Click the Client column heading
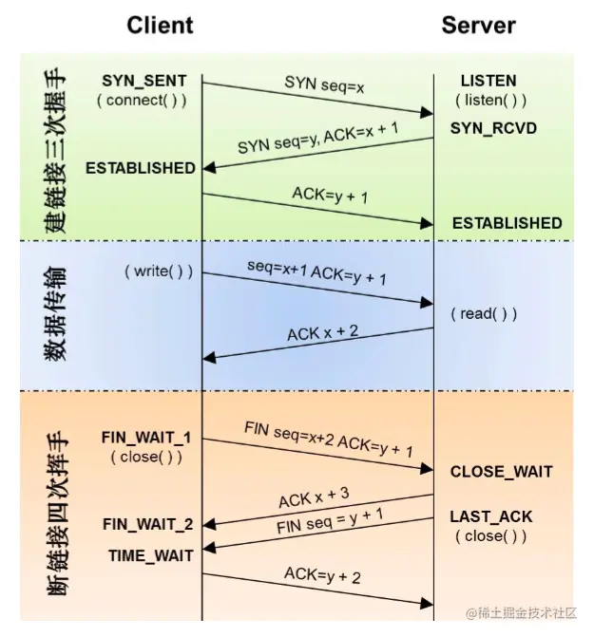[x=160, y=26]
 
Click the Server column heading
[x=478, y=26]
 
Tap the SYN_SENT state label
[x=144, y=81]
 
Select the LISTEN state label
[x=489, y=81]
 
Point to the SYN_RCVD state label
[x=493, y=128]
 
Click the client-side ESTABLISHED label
[x=141, y=168]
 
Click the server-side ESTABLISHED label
[x=507, y=223]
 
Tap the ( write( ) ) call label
[x=159, y=271]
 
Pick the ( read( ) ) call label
[x=484, y=313]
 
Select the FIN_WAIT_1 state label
[x=146, y=438]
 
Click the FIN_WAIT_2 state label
[x=147, y=524]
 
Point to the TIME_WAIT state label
[x=150, y=555]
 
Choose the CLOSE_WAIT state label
[x=501, y=472]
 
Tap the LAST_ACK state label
[x=490, y=516]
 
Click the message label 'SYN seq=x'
[x=324, y=84]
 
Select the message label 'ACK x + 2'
[x=323, y=332]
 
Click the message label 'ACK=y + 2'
[x=322, y=575]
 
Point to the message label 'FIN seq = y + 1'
[x=330, y=521]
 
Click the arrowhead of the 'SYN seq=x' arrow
[x=428, y=113]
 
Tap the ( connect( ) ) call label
[x=142, y=100]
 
